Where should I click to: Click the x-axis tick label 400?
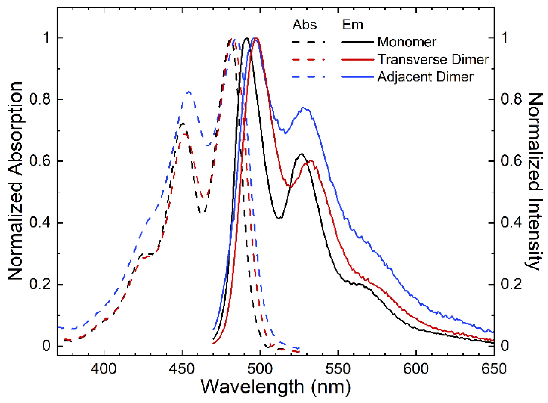tap(104, 369)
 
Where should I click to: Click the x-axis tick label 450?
tap(182, 369)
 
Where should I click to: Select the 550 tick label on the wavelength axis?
tap(338, 369)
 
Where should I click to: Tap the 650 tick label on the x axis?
tap(494, 369)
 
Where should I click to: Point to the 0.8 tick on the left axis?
tap(40, 99)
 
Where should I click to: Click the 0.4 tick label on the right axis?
tap(511, 223)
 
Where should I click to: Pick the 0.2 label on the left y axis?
tap(40, 284)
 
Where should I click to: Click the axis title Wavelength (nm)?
tap(276, 387)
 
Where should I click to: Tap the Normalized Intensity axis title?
tap(535, 181)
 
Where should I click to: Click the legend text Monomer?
tap(407, 42)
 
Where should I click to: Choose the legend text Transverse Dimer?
tap(433, 59)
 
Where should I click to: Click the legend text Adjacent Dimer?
tap(425, 77)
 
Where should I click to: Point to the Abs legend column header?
tap(305, 25)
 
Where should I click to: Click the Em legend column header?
tap(353, 25)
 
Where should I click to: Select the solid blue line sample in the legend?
tap(357, 77)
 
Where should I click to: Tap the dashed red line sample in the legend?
tap(309, 59)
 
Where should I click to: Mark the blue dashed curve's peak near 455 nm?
tap(189, 92)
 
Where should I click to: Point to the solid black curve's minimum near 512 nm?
tap(279, 218)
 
